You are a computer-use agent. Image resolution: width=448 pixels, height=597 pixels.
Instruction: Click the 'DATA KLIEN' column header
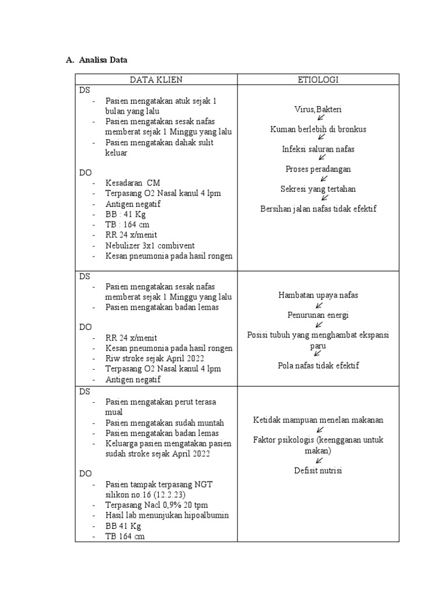pos(156,80)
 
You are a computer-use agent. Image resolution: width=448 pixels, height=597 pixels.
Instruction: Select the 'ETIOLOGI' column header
pos(318,80)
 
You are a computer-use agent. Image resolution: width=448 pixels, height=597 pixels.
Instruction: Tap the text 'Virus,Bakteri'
pos(318,110)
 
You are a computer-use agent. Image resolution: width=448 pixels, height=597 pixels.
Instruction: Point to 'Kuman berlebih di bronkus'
pos(318,129)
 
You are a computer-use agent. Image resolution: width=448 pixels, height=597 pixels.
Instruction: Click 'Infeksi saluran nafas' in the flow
pos(318,149)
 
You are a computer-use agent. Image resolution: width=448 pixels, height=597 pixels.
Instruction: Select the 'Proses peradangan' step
pos(318,169)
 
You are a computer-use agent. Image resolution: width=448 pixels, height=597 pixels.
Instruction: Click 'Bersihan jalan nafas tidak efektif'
pos(318,208)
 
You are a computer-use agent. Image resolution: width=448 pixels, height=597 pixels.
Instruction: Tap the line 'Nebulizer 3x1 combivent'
pos(150,245)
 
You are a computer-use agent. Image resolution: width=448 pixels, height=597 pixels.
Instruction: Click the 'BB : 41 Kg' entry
pos(125,215)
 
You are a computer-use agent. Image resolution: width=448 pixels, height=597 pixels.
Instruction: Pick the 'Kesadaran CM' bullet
pos(133,183)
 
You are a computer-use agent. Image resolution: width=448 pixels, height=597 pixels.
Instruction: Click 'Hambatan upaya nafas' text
pos(318,295)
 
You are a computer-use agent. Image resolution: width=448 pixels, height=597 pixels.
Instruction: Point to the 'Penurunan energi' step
pos(318,315)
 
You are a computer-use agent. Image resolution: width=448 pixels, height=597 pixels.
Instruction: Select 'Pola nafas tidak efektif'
pos(318,366)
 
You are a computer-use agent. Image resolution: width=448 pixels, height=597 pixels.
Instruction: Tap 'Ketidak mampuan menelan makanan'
pos(318,420)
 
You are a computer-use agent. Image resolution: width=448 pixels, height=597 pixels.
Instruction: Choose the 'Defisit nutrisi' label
pos(318,470)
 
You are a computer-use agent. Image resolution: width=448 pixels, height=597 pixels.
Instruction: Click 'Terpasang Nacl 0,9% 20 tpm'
pos(157,505)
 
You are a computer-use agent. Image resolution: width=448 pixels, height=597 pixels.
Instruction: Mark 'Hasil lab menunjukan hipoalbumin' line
pos(167,515)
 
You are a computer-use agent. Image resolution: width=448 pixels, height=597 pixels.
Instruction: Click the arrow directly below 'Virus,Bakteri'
pos(320,119)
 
